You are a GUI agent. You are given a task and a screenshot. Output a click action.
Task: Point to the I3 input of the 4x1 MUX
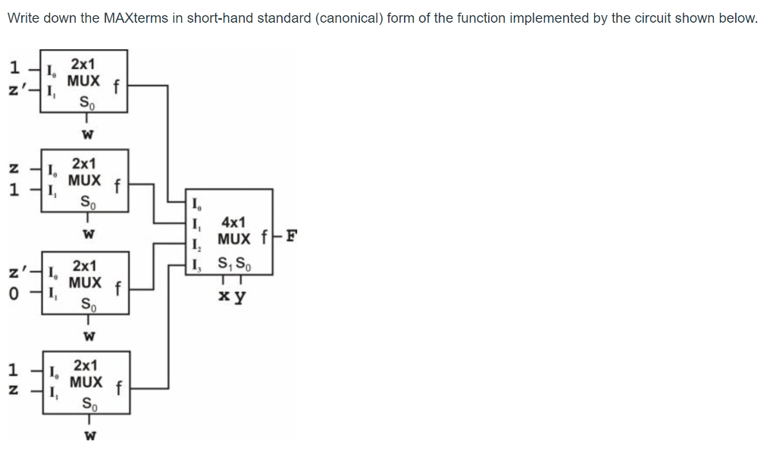point(197,265)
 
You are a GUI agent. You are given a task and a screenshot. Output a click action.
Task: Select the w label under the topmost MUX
point(87,136)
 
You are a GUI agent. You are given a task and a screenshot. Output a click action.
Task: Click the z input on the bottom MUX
point(14,392)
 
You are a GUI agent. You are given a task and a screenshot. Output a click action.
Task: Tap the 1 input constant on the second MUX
point(14,190)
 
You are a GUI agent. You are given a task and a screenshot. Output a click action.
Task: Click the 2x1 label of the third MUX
point(84,266)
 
